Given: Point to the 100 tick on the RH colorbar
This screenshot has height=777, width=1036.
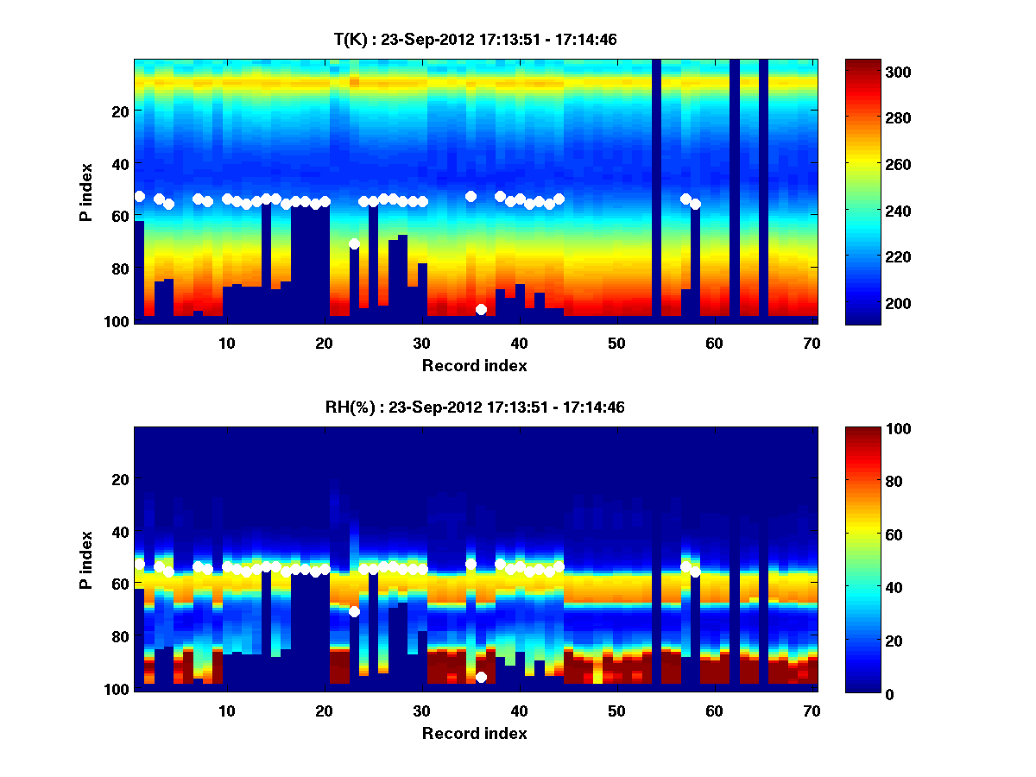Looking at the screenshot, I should tap(866, 429).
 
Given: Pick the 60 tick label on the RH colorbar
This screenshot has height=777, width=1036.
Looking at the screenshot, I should tap(862, 535).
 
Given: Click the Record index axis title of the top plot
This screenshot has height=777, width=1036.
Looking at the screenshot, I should tap(474, 365).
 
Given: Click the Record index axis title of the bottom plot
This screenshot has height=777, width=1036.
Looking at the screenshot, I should tap(474, 733).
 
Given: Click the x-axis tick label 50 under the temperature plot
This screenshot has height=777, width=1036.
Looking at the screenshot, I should tap(616, 343).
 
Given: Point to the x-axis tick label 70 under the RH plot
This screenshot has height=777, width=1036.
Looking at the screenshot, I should tap(812, 711).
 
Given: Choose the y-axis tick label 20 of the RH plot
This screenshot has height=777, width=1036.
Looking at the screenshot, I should tap(120, 479).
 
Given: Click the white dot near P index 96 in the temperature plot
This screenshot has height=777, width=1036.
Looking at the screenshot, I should tap(481, 309).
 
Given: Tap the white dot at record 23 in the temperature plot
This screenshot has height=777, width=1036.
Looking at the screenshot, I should tap(354, 243).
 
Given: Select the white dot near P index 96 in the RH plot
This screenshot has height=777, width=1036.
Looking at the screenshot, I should tap(481, 677).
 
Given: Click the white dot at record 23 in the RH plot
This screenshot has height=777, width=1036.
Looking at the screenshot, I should tap(354, 611).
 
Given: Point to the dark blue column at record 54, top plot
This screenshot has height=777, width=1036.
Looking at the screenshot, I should tap(656, 190).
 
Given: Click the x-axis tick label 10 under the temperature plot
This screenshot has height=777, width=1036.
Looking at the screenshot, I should tap(226, 343).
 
